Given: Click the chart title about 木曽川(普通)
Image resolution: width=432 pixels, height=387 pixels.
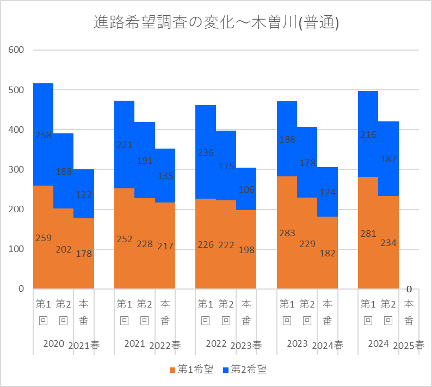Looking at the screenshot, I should pos(216,22).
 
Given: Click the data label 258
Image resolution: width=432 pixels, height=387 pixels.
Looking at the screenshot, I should pos(44,135).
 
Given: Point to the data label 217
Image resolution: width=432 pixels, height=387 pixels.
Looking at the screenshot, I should pos(165,246).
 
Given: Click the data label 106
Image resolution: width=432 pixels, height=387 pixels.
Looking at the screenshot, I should pos(246,189).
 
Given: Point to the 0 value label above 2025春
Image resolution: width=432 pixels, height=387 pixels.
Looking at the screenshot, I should pos(409,289).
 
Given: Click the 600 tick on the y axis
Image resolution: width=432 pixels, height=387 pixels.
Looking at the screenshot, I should pos(17,50).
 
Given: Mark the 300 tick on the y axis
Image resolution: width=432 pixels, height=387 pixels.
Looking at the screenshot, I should pos(17,169).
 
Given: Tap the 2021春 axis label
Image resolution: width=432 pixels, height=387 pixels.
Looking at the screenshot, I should pos(83,345).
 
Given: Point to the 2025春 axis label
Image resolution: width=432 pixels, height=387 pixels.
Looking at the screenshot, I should pos(409,345).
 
